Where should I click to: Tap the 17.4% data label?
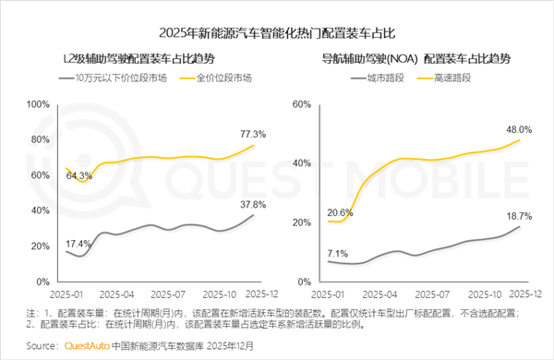click(x=78, y=243)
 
